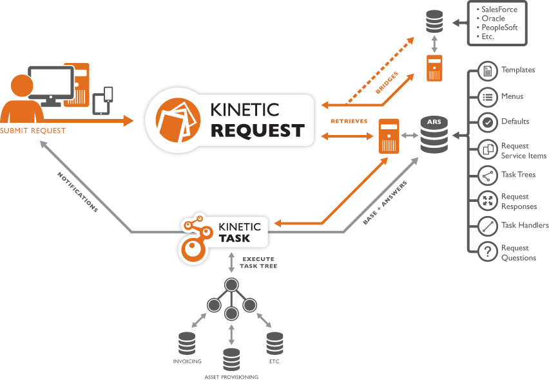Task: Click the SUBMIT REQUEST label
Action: (x=33, y=131)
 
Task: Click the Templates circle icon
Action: (x=488, y=70)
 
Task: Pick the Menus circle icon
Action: (x=488, y=96)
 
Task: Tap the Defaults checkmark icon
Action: (x=488, y=122)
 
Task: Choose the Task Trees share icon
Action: (x=488, y=174)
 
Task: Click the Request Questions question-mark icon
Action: (x=488, y=253)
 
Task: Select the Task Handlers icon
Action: (x=488, y=226)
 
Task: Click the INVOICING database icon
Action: (x=187, y=343)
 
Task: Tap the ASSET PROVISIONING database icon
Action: (x=231, y=359)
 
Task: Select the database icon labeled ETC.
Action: (x=274, y=343)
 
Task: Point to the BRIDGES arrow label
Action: (x=387, y=84)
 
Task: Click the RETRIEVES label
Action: (x=349, y=121)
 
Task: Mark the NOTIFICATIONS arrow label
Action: (x=77, y=192)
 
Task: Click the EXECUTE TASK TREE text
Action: (x=258, y=262)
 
